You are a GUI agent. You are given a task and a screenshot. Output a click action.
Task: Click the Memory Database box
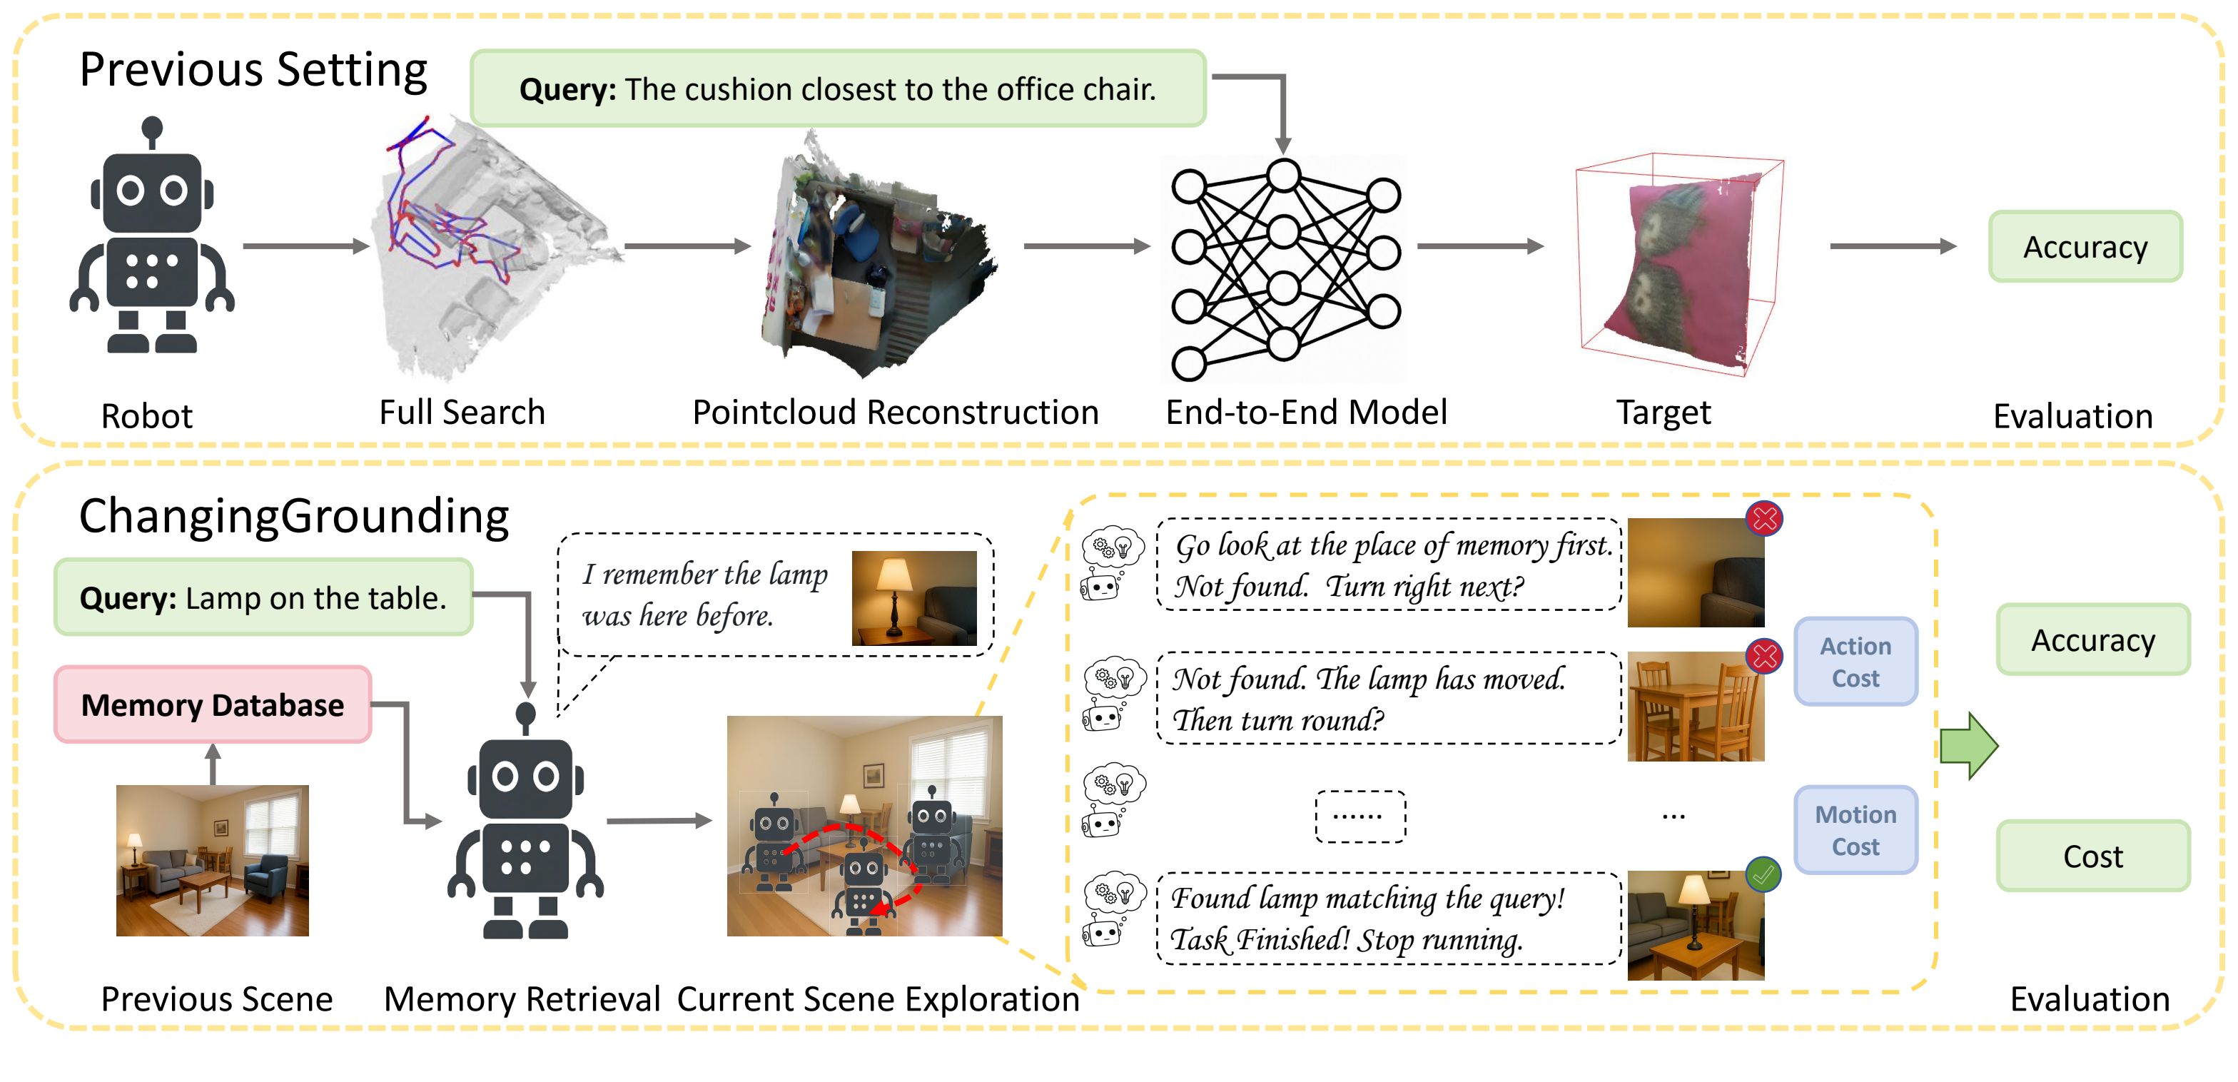point(213,705)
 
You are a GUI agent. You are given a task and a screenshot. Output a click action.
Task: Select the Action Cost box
point(1855,662)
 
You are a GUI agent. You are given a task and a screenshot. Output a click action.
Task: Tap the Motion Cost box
point(1855,830)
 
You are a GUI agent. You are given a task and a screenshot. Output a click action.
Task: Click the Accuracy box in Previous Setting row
point(2085,247)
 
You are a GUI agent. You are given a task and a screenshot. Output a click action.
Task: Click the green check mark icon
point(1763,875)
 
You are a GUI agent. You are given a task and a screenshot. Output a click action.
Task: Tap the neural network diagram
point(1284,269)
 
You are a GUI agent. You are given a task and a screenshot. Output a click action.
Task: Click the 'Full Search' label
point(462,412)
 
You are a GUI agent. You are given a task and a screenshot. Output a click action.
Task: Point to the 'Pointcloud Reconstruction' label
point(895,412)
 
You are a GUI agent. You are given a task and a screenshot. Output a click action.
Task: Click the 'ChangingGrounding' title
point(293,516)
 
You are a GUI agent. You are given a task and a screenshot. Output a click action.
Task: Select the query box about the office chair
point(838,89)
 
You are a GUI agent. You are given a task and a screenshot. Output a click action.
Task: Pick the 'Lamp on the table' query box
point(263,598)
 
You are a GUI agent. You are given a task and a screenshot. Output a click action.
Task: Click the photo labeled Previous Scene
point(213,860)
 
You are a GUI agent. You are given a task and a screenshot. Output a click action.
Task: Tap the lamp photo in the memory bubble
point(914,598)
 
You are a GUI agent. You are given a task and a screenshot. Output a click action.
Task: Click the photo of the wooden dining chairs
point(1695,707)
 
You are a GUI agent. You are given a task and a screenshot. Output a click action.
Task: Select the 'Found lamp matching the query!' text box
point(1388,919)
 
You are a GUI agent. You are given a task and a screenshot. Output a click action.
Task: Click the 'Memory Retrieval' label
point(522,999)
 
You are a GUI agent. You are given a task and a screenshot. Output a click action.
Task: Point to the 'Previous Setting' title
point(253,69)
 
